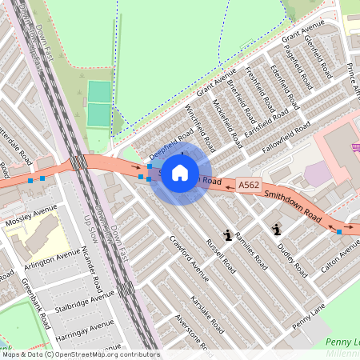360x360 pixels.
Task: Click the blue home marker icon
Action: pyautogui.click(x=180, y=172)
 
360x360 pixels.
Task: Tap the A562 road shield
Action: pyautogui.click(x=248, y=185)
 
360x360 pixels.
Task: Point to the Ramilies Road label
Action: pyautogui.click(x=250, y=247)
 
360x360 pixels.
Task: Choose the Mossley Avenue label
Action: pyautogui.click(x=30, y=214)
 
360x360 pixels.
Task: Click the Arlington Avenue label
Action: pyautogui.click(x=51, y=260)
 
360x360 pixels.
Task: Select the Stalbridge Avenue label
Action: pyautogui.click(x=86, y=307)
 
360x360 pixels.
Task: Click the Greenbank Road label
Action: pyautogui.click(x=37, y=303)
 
